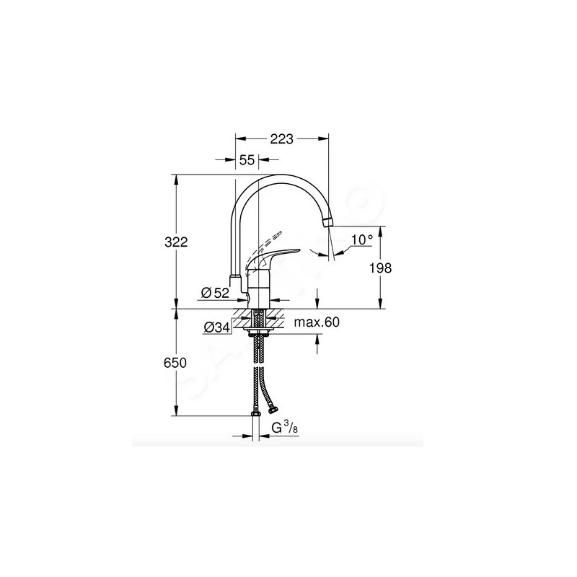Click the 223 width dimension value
coord(282,140)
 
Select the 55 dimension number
coord(247,161)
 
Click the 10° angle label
coord(362,239)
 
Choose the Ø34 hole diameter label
coord(216,327)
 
